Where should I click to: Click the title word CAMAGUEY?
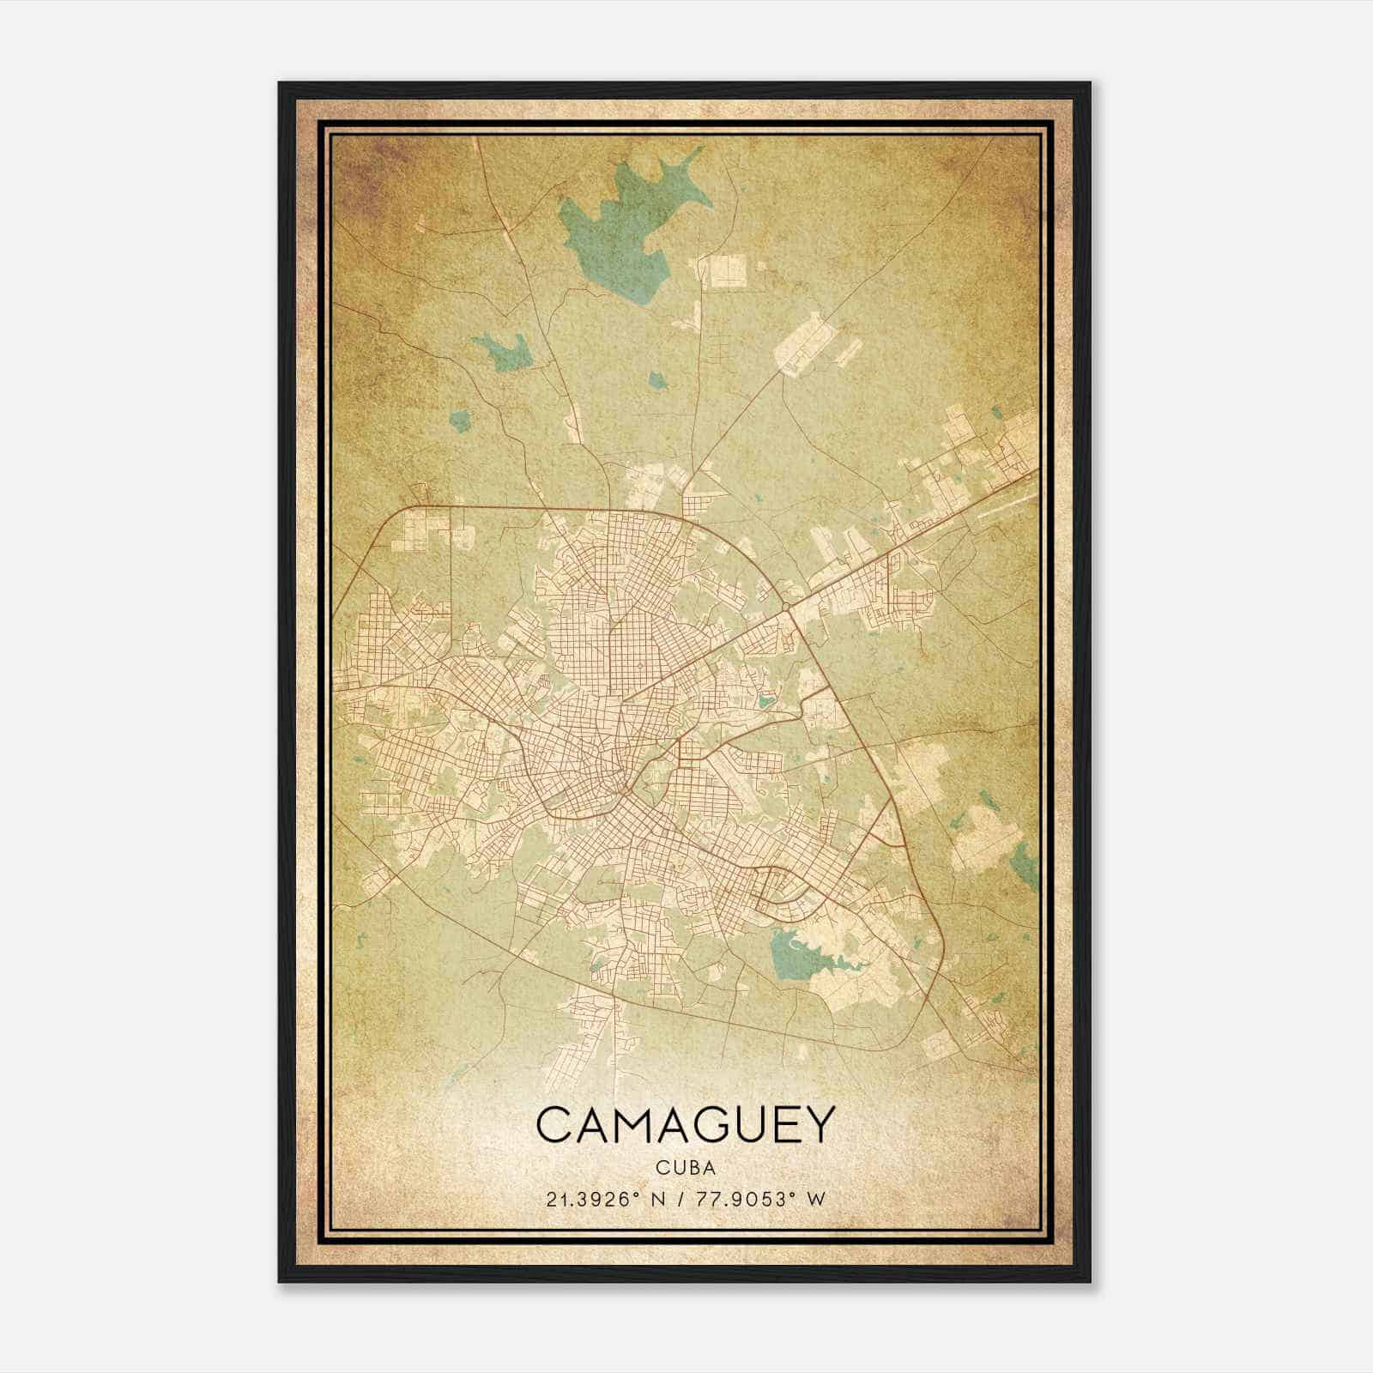click(x=685, y=1124)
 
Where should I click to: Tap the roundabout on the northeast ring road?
click(x=786, y=608)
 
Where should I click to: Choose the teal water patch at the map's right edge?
click(x=1022, y=862)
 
